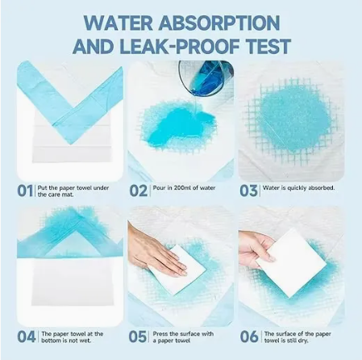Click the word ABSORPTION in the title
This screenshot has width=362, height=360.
click(219, 23)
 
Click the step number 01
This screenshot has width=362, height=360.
click(25, 190)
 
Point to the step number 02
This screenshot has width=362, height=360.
click(139, 190)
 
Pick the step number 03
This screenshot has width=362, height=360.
click(248, 190)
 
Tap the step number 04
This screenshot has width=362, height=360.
click(27, 337)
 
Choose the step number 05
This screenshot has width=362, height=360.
click(137, 337)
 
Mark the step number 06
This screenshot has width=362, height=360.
click(249, 337)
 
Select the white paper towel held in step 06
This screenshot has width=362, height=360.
click(291, 262)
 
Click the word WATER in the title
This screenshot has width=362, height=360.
click(119, 23)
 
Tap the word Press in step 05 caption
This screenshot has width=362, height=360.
click(160, 334)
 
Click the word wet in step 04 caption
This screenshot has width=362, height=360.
click(85, 341)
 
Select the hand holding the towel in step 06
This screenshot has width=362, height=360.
click(256, 248)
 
